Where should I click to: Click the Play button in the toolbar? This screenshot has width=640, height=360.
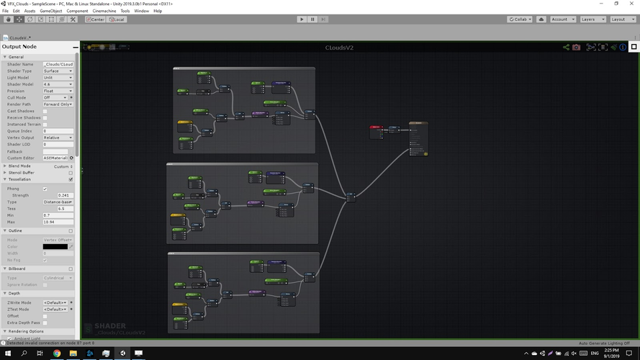(x=302, y=19)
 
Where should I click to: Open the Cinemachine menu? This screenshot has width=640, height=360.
(x=104, y=11)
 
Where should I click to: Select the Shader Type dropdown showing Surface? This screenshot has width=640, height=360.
(x=58, y=71)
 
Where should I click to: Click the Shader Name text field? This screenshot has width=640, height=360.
(x=58, y=64)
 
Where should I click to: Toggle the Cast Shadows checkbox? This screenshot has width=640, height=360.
(x=45, y=111)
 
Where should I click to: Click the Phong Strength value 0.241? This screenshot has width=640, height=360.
(x=63, y=195)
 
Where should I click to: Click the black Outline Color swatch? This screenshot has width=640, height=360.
(x=55, y=246)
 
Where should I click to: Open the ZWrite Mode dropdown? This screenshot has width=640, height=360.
(x=57, y=303)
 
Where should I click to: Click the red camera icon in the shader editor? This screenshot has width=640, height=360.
(x=576, y=48)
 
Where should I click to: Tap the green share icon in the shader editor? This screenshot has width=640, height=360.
(x=567, y=48)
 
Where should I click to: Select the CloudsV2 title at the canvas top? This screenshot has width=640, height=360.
(x=339, y=48)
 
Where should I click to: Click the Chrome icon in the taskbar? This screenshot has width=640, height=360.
(x=57, y=354)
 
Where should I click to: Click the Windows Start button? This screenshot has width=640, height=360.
(x=7, y=354)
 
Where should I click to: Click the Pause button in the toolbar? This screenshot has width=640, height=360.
(x=312, y=19)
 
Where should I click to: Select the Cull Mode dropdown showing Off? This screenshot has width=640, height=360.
(x=58, y=98)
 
